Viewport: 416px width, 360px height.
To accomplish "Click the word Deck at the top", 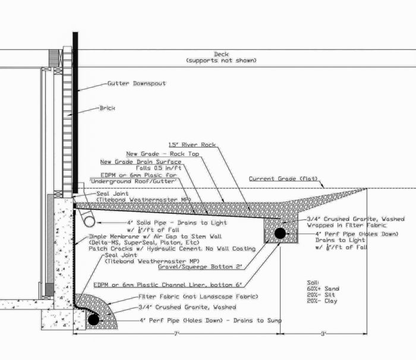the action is click(x=221, y=54).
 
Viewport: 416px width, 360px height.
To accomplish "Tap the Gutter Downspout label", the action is click(x=136, y=84).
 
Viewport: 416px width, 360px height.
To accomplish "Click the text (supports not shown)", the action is click(x=220, y=61).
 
